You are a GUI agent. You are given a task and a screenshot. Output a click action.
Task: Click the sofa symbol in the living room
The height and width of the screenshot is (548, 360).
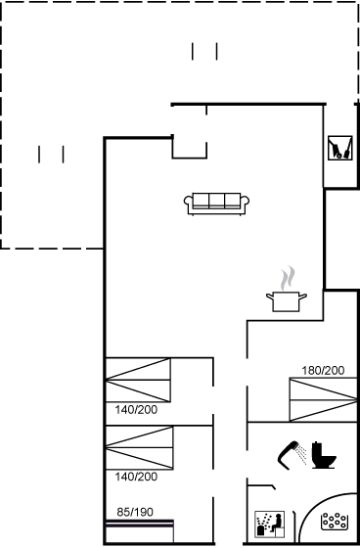coord(216,204)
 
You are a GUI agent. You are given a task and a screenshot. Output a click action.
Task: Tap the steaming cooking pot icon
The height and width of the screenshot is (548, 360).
coord(287,289)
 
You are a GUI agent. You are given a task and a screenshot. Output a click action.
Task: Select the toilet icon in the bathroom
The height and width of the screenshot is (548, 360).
coord(323,455)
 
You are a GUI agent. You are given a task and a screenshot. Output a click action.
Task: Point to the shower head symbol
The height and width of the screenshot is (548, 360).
coord(292,455)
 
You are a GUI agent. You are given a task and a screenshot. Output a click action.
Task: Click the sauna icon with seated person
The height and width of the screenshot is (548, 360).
coord(269,525)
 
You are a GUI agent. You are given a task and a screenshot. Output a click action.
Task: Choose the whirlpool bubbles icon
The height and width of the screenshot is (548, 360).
coord(335,521)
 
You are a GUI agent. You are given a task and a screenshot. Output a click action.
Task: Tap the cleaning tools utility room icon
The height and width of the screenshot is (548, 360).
coord(340,148)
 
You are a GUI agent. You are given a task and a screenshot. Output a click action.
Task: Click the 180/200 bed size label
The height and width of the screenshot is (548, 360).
coord(323,371)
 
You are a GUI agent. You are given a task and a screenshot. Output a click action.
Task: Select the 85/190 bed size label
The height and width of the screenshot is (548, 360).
coord(135,513)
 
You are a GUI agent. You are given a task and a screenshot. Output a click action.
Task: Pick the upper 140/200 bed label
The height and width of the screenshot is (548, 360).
coord(136,410)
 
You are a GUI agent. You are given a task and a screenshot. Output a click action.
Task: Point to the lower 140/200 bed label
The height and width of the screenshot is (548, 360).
coord(136,477)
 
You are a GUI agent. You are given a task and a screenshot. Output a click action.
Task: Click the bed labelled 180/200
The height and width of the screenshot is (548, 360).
coord(323,399)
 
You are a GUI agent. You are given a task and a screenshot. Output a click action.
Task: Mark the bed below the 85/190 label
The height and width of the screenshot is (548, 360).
coord(140,531)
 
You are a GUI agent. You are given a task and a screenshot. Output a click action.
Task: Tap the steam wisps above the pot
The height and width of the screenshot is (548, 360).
coord(288,278)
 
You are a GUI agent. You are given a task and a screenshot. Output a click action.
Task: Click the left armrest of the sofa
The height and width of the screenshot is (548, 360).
coord(189,204)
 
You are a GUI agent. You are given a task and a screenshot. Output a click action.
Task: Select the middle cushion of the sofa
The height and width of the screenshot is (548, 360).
coord(217,201)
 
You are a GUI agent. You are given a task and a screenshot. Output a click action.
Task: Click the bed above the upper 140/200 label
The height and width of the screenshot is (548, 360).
coord(138,380)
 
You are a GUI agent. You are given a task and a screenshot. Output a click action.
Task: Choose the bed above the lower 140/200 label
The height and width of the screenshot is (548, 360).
coord(140,448)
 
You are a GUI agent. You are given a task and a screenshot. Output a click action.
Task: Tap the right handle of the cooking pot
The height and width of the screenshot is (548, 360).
coord(303,297)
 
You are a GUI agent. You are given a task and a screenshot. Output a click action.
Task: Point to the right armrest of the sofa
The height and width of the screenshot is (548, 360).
coord(245,204)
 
